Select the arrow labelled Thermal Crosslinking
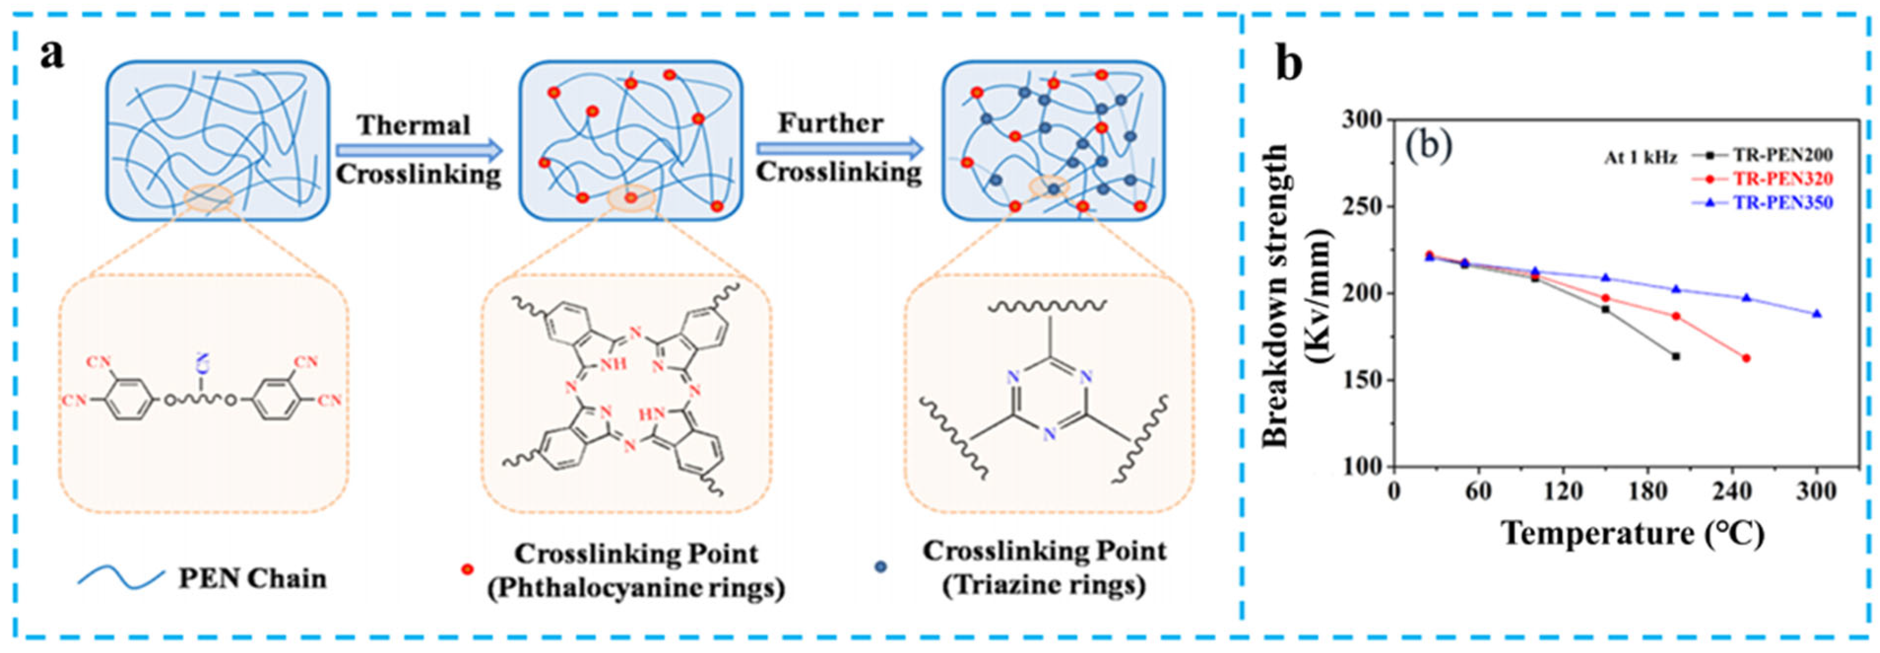[419, 151]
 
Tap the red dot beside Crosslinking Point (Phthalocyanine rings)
[467, 568]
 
